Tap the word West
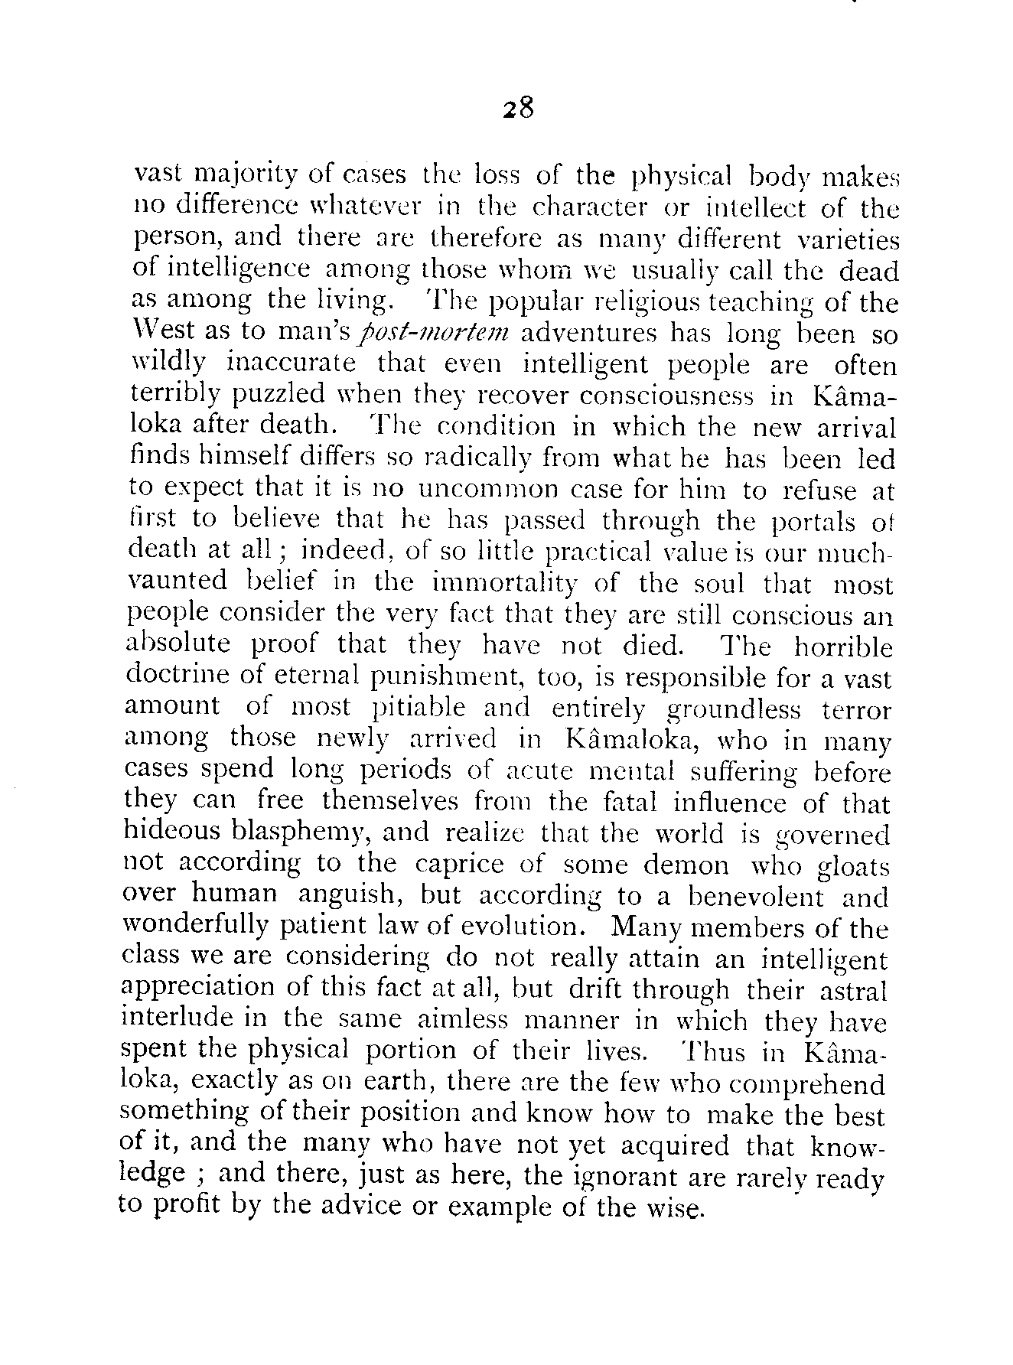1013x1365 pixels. tap(159, 332)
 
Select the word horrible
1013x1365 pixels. tap(842, 647)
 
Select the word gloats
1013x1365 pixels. tap(852, 867)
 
